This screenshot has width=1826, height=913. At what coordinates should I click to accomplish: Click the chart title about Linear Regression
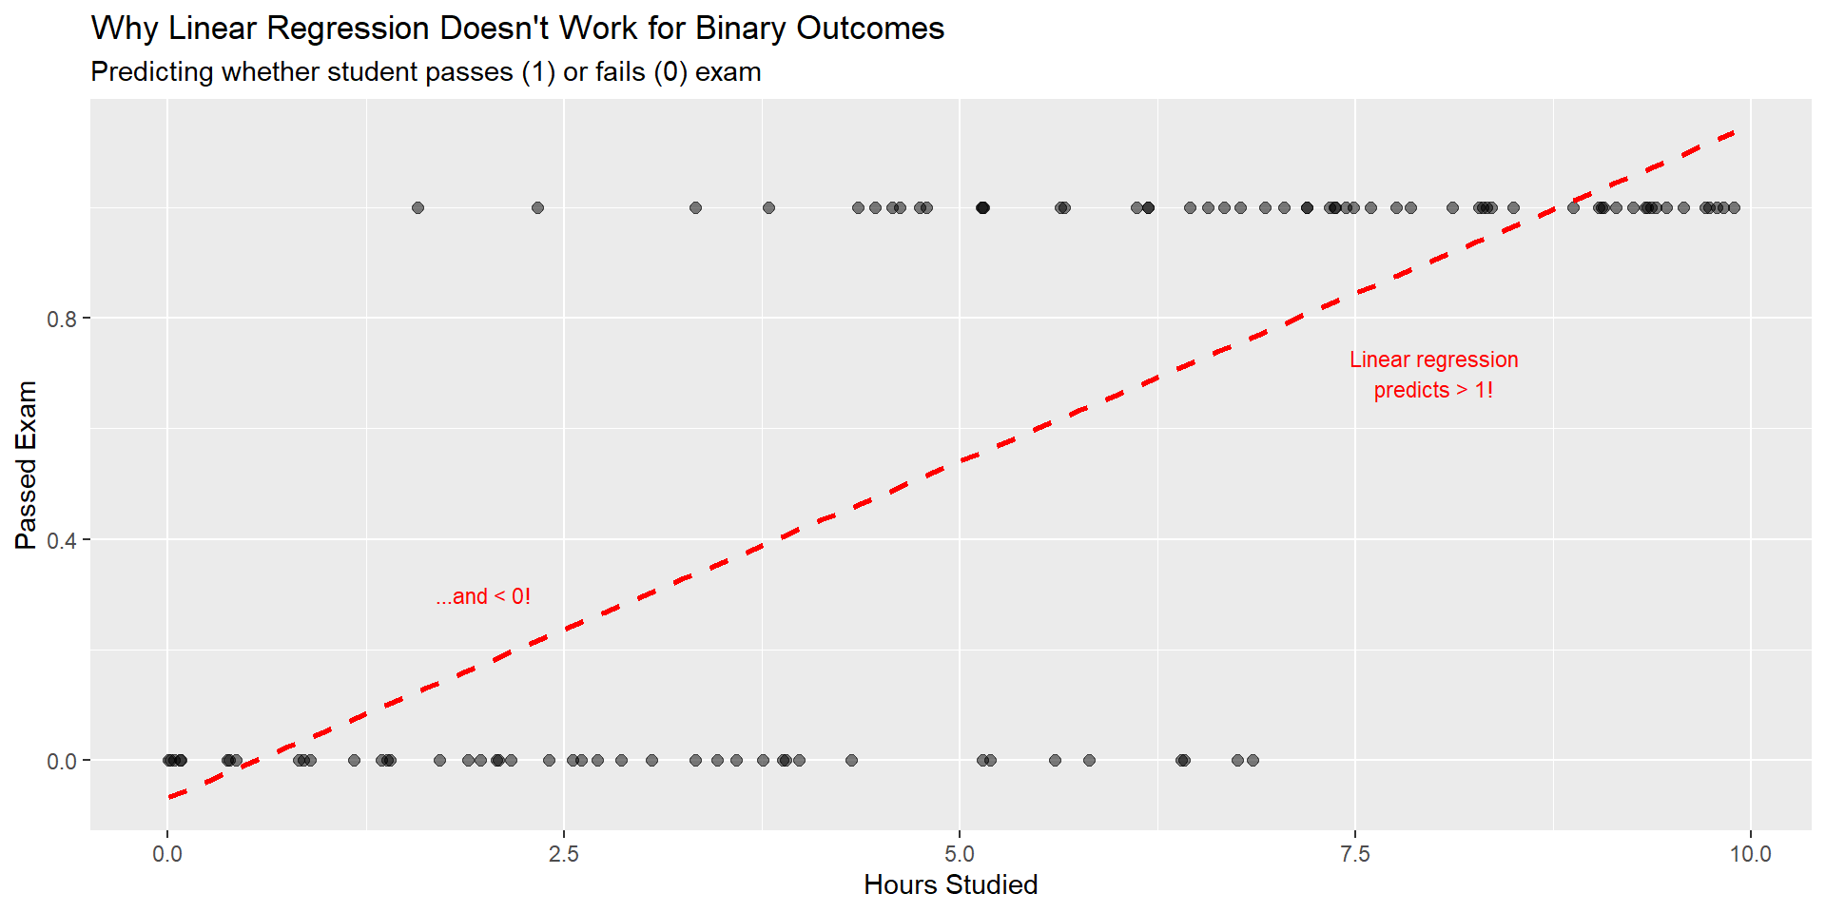point(517,29)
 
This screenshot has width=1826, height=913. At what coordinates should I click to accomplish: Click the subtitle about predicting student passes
point(425,72)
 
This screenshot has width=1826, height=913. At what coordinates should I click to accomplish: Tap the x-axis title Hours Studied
point(950,884)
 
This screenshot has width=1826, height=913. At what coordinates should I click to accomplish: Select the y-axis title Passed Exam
point(26,465)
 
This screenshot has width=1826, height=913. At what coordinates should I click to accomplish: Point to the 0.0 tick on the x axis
point(167,854)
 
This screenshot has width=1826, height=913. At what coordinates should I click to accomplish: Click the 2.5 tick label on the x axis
point(563,854)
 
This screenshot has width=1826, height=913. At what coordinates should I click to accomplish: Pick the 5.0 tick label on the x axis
point(960,854)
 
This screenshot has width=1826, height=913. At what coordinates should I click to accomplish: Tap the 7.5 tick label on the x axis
point(1355,854)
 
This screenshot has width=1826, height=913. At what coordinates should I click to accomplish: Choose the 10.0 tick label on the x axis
point(1750,854)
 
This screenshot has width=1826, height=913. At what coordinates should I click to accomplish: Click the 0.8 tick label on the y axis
point(62,319)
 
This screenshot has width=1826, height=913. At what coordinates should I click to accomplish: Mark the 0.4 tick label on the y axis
point(62,540)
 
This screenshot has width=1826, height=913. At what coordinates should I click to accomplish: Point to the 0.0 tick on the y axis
point(62,761)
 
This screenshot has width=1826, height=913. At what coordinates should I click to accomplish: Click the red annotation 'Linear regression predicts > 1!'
point(1433,375)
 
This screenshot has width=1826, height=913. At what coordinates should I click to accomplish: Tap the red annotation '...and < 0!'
point(483,596)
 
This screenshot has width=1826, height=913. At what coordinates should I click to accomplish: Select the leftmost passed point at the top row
point(418,207)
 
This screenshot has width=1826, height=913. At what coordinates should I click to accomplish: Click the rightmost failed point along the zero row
point(1253,760)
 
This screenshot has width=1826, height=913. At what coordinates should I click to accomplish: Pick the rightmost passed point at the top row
point(1734,207)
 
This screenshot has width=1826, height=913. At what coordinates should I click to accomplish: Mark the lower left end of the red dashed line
point(170,796)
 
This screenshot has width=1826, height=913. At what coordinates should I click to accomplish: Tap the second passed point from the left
point(537,207)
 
